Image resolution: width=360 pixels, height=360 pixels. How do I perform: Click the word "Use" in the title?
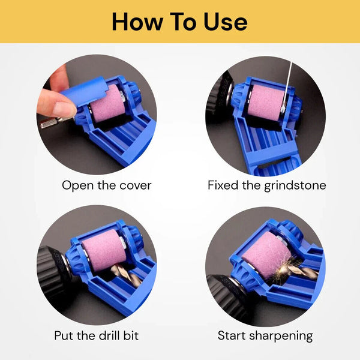click(226, 22)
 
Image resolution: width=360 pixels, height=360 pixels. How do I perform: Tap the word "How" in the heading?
click(137, 22)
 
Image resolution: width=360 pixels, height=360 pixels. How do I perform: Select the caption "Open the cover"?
click(107, 185)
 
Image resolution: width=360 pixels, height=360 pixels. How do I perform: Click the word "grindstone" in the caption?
click(295, 185)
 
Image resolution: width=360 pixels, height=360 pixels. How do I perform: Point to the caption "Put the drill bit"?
click(97, 335)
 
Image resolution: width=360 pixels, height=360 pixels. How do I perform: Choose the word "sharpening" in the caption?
click(281, 336)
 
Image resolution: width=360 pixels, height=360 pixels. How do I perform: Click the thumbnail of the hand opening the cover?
click(97, 115)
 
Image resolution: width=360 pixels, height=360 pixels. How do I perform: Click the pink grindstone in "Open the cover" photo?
click(107, 104)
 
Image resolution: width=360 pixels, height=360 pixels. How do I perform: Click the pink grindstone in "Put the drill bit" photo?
click(101, 250)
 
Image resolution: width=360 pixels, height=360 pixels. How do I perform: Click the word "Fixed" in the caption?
click(223, 185)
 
